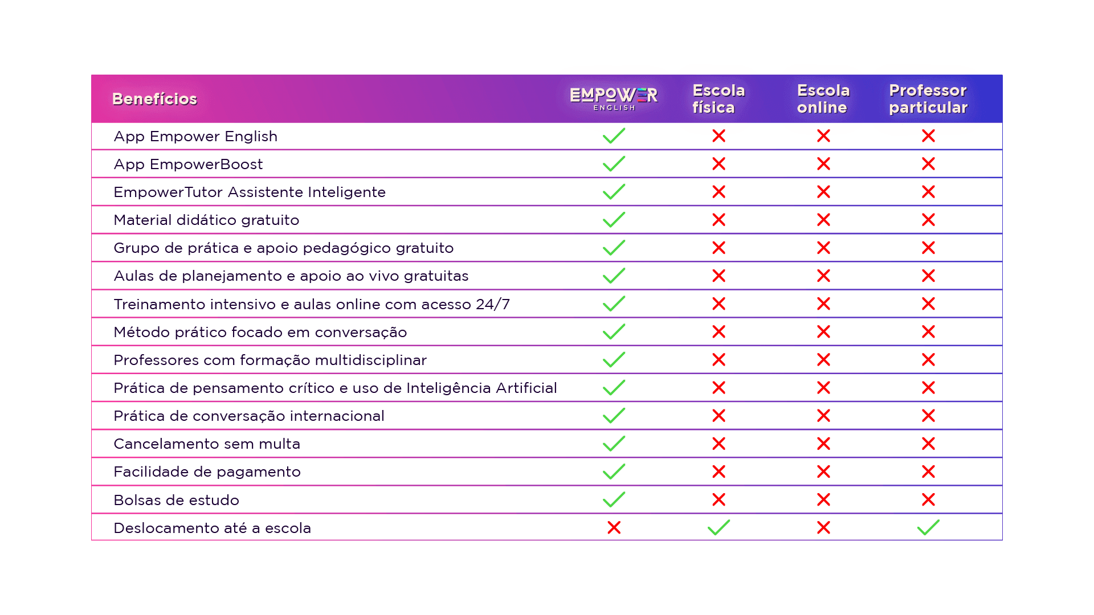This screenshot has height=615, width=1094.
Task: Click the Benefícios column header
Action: click(154, 99)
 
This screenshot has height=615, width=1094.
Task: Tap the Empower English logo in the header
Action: click(614, 98)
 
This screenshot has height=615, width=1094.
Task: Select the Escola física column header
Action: click(719, 99)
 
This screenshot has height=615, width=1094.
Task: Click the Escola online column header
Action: click(823, 99)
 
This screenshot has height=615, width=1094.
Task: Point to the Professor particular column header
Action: click(928, 99)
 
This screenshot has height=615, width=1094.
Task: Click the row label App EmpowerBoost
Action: click(188, 165)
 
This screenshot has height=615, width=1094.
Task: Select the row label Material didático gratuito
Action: click(206, 220)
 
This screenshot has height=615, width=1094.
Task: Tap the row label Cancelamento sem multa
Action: click(206, 444)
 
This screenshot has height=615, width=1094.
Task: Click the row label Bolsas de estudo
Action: click(176, 501)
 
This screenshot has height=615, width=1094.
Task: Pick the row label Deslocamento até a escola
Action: click(212, 528)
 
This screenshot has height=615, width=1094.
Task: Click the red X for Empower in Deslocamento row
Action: click(614, 528)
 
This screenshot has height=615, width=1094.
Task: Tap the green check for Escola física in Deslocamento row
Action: click(719, 527)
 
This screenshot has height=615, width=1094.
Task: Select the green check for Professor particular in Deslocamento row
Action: click(928, 527)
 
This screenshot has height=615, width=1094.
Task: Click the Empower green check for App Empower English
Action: click(614, 136)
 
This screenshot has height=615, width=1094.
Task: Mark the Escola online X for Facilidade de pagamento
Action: click(823, 472)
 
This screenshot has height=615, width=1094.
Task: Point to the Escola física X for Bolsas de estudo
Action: click(719, 500)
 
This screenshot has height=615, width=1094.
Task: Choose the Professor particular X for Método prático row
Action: click(928, 332)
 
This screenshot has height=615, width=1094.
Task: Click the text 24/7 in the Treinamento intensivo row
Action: click(493, 305)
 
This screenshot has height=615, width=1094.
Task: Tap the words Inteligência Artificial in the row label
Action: click(481, 388)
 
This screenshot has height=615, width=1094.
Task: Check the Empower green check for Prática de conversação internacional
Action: click(614, 416)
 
